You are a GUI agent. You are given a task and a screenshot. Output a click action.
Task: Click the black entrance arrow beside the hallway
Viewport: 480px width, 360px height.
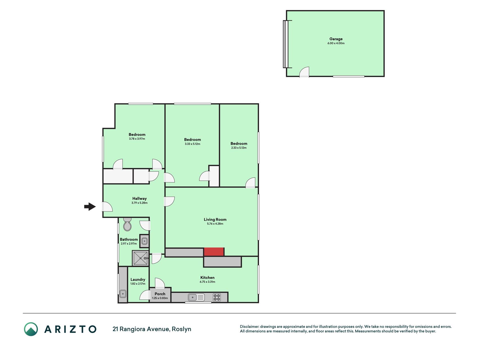coord(90,207)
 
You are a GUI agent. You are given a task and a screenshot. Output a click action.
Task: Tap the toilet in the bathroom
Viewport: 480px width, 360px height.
coord(127,224)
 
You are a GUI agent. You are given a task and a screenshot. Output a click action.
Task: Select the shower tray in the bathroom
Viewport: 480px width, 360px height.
coord(140,258)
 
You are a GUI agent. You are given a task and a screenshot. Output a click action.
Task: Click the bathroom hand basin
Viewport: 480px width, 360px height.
coord(144,241)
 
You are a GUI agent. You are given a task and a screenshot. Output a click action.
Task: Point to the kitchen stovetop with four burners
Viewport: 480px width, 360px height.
coord(217,297)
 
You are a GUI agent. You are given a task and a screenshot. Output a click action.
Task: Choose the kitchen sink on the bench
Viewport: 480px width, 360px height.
coord(196,297)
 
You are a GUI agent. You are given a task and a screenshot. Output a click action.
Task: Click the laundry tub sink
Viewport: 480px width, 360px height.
coord(123,294)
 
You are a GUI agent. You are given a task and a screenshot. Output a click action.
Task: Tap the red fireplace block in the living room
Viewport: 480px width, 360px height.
coord(214,252)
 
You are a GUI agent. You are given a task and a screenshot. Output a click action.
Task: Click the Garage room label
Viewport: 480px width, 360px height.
coord(336,39)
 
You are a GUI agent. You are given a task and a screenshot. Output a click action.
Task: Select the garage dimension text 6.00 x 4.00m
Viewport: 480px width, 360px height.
coord(336,43)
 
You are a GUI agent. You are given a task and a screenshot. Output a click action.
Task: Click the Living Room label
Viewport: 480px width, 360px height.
coord(215,220)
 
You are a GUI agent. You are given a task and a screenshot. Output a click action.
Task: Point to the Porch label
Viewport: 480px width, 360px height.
coord(160,294)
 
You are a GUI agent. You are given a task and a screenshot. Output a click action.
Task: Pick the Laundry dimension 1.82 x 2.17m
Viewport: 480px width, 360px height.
coord(138,284)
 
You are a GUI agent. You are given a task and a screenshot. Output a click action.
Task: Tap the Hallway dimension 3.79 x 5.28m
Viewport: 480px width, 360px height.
coord(139,203)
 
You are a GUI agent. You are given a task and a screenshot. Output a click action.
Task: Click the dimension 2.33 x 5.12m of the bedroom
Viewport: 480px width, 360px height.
coord(239,148)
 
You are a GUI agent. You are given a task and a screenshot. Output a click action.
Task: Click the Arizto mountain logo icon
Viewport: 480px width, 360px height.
coord(31,329)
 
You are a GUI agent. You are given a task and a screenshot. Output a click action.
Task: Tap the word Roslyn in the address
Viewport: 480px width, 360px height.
coord(182,329)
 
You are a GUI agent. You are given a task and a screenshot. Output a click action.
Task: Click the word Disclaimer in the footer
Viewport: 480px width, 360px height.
coord(249,327)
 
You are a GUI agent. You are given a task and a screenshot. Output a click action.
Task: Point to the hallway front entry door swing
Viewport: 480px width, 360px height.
coord(107,207)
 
